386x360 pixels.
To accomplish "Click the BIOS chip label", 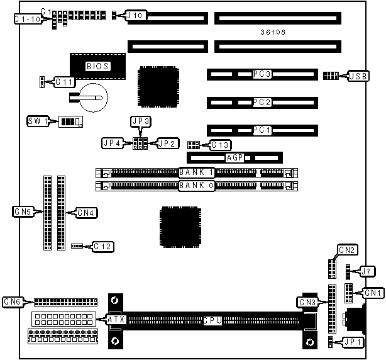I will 97,65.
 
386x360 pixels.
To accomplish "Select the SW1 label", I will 38,120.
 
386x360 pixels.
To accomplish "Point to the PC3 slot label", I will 262,74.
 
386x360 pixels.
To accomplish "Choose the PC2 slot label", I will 262,102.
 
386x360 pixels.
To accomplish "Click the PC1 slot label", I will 262,130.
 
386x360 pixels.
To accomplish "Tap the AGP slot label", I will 234,158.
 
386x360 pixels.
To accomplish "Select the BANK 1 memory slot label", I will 197,172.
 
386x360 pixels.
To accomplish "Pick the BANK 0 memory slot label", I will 197,186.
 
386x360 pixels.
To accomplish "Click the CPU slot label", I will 212,321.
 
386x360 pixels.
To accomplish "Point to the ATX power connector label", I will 116,320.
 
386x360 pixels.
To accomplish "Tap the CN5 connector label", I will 23,213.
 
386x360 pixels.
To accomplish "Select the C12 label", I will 103,246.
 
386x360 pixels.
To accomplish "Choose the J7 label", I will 367,271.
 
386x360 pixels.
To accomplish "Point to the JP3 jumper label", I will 140,120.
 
